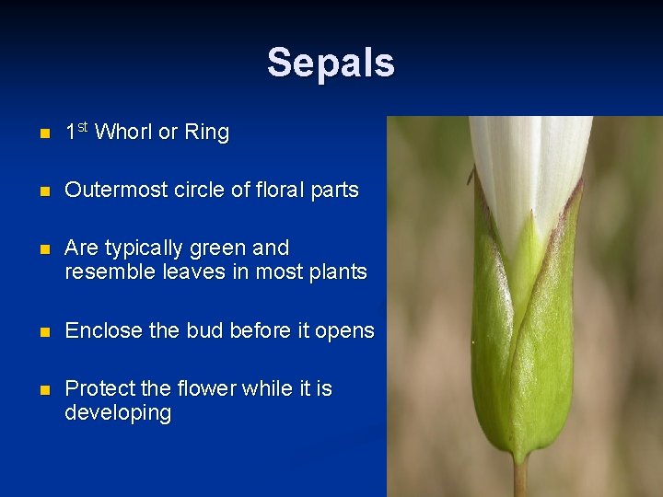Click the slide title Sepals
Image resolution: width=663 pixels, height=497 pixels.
[331, 63]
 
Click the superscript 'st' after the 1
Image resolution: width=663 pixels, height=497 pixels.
[82, 126]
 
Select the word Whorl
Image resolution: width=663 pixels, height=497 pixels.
[123, 133]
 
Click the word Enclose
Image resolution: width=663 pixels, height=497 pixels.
[99, 330]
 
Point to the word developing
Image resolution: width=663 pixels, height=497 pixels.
[118, 413]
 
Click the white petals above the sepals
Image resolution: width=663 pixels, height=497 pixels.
[529, 166]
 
